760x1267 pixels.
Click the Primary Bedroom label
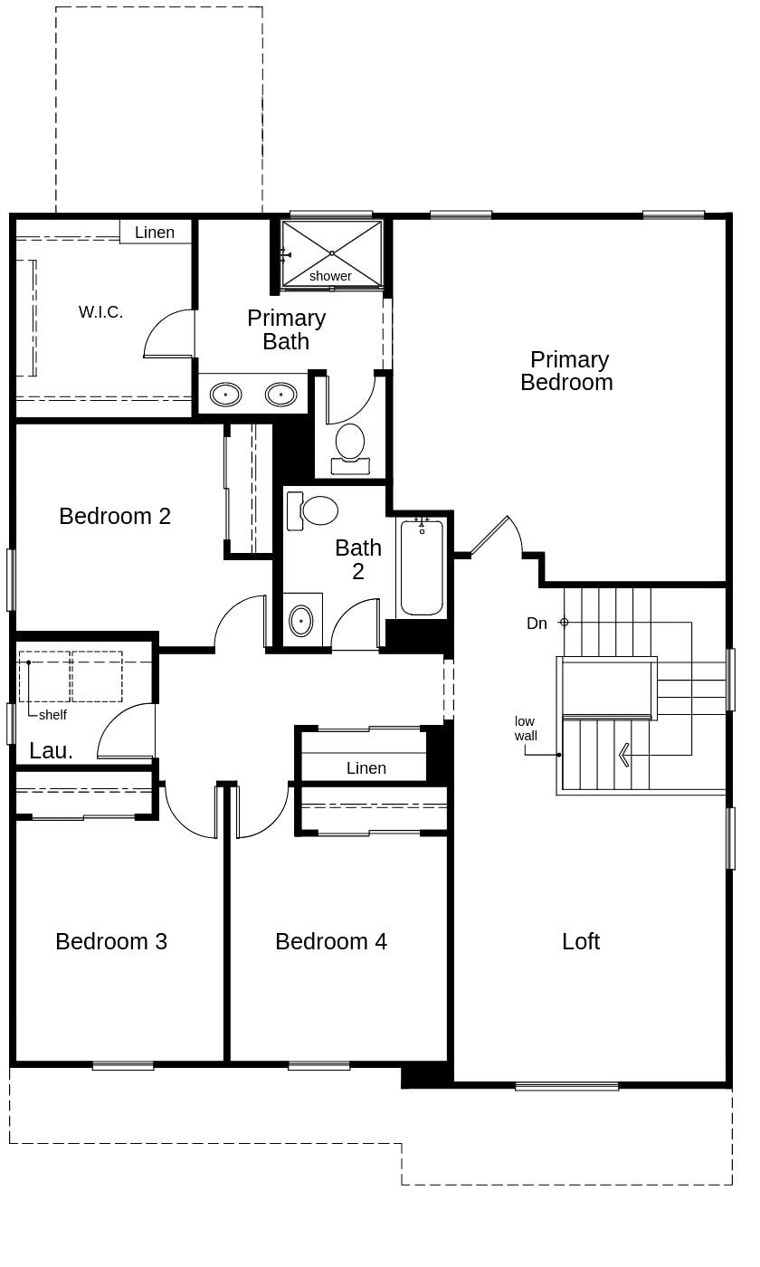click(567, 371)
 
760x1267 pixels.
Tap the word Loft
click(580, 941)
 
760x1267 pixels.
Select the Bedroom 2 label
click(115, 516)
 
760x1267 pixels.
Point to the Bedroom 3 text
click(111, 941)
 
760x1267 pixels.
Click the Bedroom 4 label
click(331, 941)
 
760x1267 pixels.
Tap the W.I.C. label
click(100, 312)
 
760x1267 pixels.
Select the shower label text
click(330, 276)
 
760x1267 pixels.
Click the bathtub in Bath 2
click(422, 568)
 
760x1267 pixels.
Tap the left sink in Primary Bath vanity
click(225, 395)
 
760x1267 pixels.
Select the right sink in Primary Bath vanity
click(280, 395)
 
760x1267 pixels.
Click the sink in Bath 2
click(300, 621)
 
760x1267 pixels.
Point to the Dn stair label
click(537, 624)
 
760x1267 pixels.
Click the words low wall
click(526, 729)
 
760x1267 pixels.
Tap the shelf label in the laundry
click(52, 715)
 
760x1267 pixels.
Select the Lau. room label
click(51, 750)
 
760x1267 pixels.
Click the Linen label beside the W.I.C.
click(155, 233)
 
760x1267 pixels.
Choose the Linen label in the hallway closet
click(366, 768)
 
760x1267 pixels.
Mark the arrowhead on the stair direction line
click(622, 755)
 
